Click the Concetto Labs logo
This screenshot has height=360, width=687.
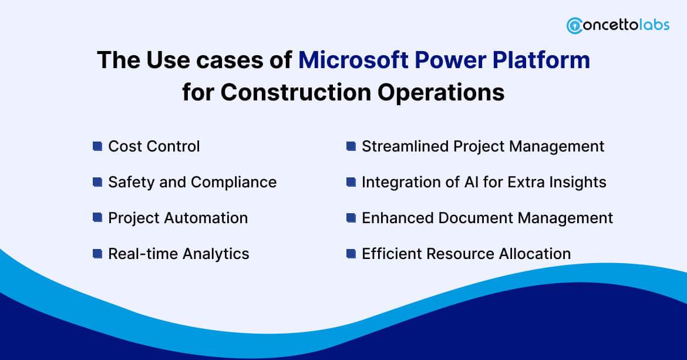618,26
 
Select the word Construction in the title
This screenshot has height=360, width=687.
294,92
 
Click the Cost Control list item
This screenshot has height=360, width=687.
154,146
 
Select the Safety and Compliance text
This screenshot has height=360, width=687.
192,182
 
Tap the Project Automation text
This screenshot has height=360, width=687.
178,218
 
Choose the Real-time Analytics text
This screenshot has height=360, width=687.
179,254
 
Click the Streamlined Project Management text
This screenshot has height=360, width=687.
483,146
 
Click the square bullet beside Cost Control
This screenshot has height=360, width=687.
97,146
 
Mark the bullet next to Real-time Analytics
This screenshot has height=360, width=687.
97,254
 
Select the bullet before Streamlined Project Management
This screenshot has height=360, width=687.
351,146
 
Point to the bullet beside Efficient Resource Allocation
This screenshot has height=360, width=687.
351,254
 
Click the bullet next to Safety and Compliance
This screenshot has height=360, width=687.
97,182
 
